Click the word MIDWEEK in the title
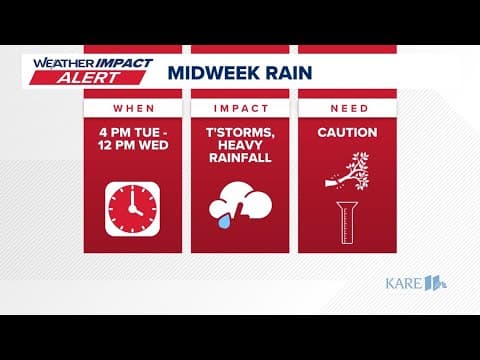tap(207, 72)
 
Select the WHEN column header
tap(132, 107)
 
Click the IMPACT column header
tap(240, 107)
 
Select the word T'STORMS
tap(240, 131)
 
